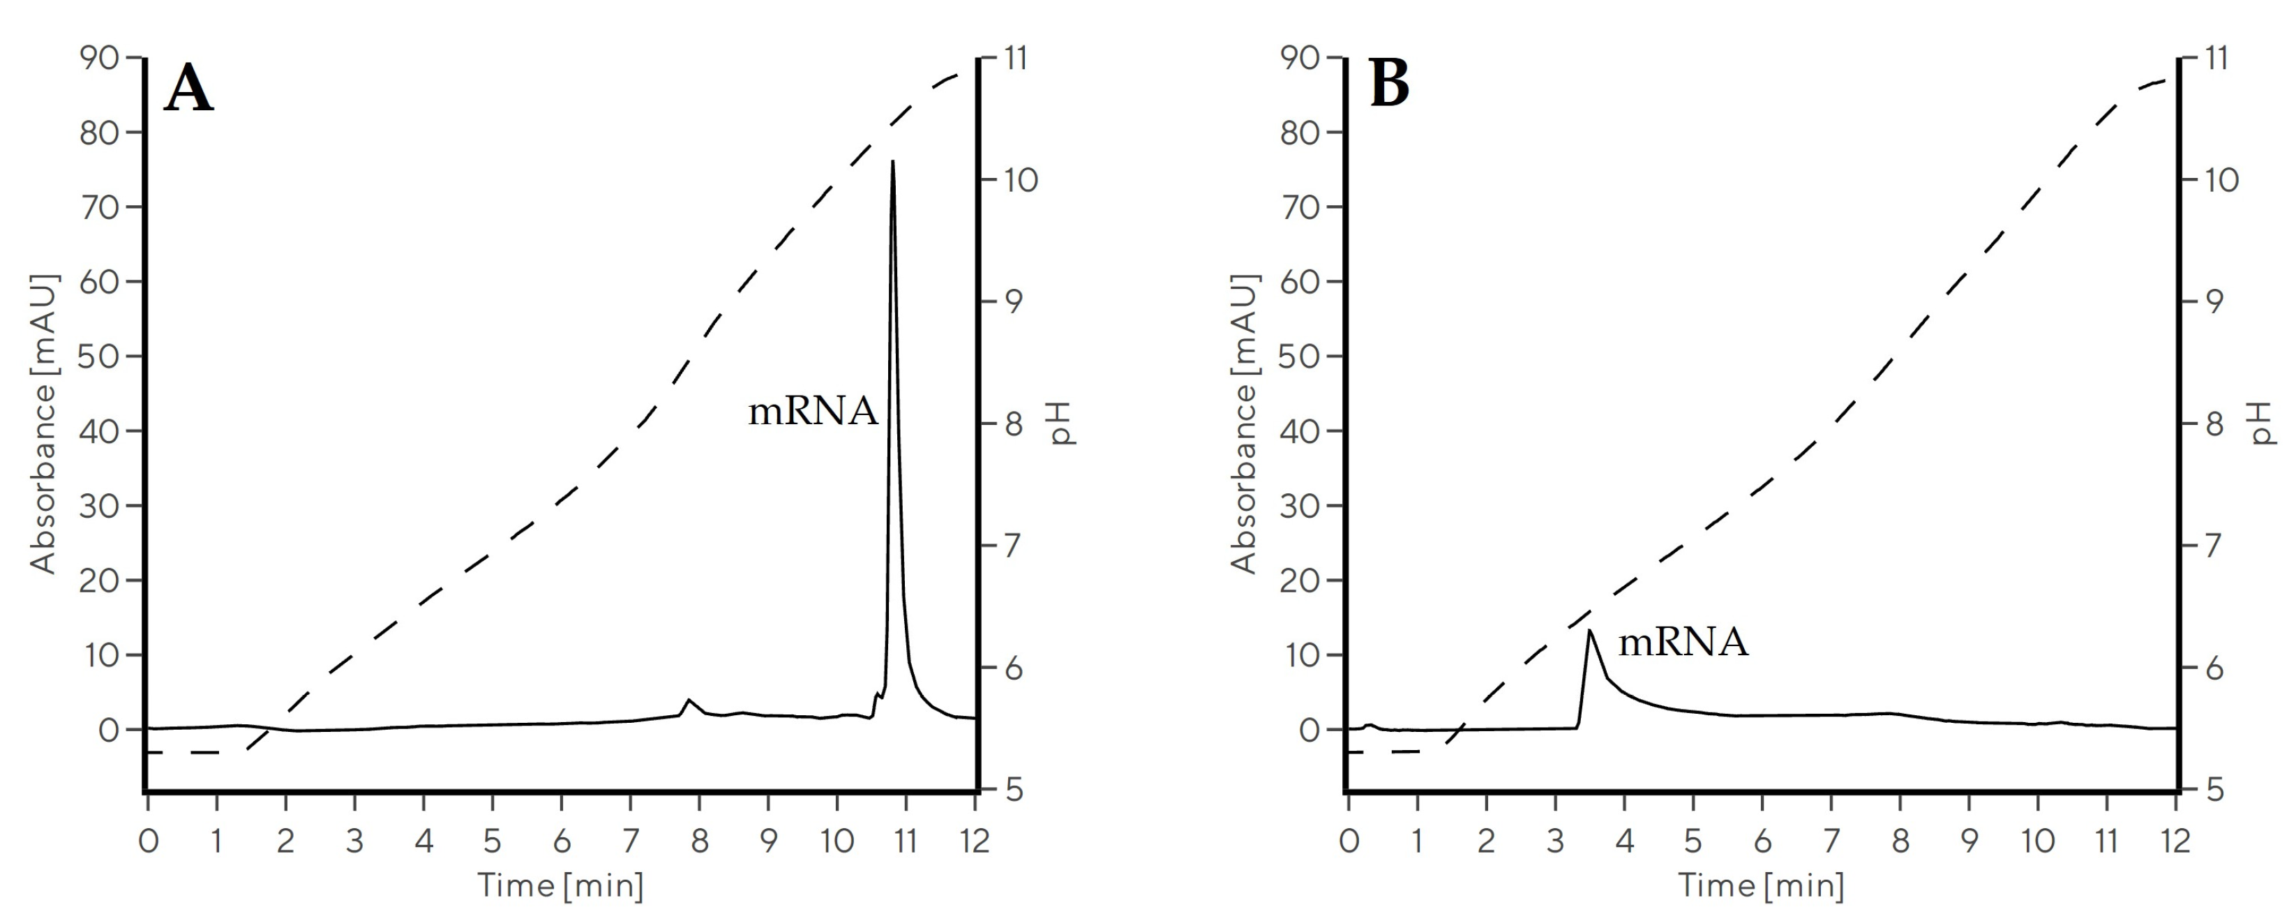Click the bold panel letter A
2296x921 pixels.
189,89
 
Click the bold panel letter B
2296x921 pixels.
1390,84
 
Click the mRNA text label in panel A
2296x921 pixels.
813,412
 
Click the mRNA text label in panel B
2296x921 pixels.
1683,643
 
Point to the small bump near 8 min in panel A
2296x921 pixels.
688,701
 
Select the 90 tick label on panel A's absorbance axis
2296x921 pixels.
98,59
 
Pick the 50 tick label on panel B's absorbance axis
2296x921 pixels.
1298,357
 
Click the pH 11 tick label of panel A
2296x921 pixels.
1015,59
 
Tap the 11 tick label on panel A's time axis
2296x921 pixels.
906,841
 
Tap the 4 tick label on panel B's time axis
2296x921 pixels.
1624,841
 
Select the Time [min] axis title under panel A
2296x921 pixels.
561,885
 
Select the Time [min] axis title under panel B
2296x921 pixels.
1761,885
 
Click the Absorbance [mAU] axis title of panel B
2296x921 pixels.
1243,424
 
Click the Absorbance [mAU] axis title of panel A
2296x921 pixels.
43,424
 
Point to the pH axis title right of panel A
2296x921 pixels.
1064,424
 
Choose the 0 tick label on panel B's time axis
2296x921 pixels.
1349,841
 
